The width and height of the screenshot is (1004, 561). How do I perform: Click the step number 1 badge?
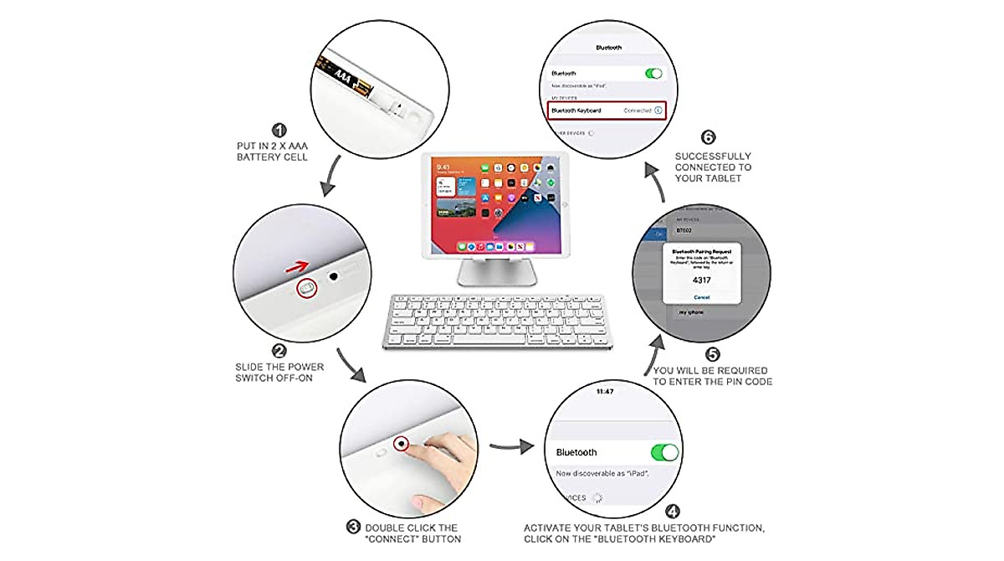point(279,131)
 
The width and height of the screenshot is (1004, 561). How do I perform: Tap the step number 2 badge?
point(279,352)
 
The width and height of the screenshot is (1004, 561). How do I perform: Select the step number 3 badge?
point(354,527)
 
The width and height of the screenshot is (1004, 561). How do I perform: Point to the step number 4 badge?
point(672,510)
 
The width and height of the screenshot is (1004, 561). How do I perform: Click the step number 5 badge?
point(712,353)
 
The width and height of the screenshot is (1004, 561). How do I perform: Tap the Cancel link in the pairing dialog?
point(702,297)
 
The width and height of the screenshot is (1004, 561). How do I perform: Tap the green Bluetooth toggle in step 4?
point(664,453)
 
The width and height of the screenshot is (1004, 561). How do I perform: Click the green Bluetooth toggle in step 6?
point(653,74)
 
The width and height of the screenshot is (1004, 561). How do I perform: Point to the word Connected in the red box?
point(638,111)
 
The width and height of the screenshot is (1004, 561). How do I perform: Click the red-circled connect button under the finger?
point(402,445)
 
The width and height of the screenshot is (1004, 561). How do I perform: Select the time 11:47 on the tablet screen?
point(605,391)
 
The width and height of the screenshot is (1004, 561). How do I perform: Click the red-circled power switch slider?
point(307,287)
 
